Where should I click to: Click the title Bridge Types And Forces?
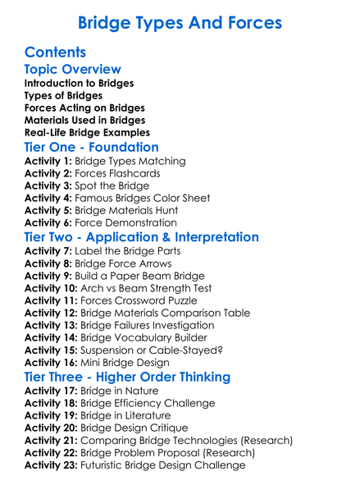coord(180,21)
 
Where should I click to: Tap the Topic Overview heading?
coord(73,70)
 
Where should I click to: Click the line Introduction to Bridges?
coord(79,84)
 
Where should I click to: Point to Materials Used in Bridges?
coord(84,120)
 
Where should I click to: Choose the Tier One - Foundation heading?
coord(91,148)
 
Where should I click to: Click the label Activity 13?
coord(52,325)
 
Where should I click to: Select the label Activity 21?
coord(52,441)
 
